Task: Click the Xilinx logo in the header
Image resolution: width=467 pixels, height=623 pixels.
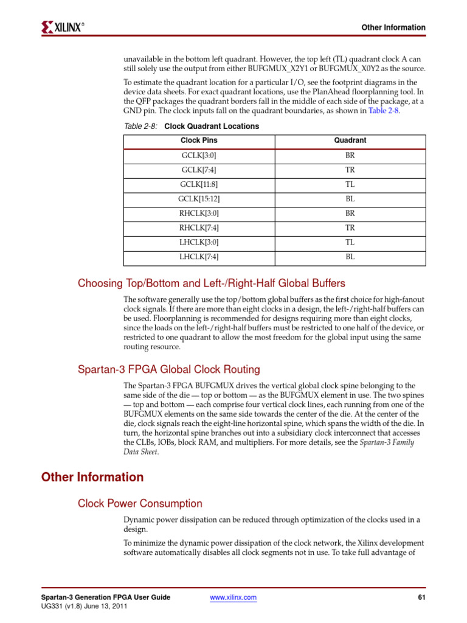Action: [63, 27]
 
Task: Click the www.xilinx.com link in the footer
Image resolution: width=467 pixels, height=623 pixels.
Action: [233, 598]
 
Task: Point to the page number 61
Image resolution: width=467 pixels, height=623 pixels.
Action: [421, 598]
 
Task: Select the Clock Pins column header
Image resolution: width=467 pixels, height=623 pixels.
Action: [199, 141]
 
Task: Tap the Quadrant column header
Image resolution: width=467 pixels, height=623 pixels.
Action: [350, 141]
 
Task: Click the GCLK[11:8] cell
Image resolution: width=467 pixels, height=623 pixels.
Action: [199, 184]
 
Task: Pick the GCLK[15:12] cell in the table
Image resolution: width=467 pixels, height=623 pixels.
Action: [199, 199]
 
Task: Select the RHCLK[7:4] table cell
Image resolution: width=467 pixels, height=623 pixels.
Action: [199, 228]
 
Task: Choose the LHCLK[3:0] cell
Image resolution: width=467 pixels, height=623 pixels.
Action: [199, 242]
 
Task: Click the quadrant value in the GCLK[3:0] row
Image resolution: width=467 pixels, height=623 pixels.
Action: [350, 155]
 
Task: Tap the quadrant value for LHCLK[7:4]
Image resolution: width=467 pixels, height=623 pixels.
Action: [350, 257]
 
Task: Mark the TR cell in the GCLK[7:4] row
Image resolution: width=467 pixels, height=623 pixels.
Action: [350, 170]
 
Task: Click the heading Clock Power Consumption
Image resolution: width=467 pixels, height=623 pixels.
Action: [140, 504]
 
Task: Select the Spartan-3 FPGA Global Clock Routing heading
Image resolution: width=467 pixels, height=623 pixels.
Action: [168, 369]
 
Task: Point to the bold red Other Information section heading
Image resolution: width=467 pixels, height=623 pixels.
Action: [92, 478]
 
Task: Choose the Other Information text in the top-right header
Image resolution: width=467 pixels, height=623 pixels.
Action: [393, 28]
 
